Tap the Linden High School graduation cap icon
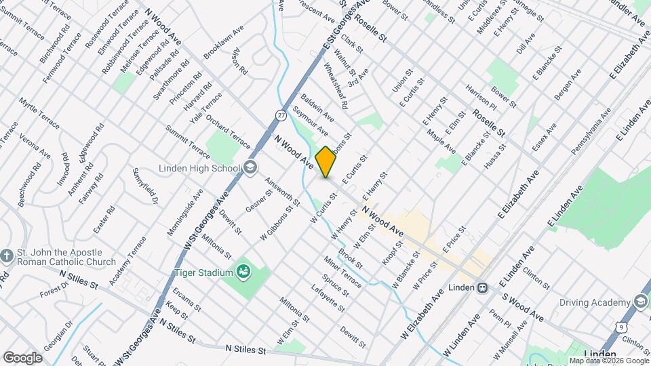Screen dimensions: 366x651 (x=250, y=168)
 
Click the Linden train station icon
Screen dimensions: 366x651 (x=482, y=287)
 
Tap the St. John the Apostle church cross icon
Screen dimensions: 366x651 (x=7, y=256)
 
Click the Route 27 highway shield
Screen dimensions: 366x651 (x=281, y=115)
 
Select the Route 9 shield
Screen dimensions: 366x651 (x=622, y=327)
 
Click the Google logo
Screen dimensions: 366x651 (x=22, y=357)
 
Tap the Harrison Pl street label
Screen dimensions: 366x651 (x=481, y=98)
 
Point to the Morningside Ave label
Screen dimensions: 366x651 (x=184, y=212)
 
